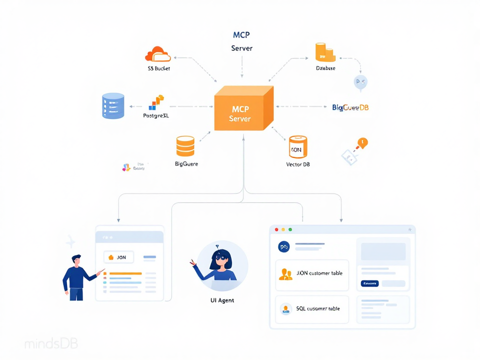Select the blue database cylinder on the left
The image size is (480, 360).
pyautogui.click(x=113, y=106)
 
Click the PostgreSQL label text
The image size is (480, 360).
pyautogui.click(x=155, y=115)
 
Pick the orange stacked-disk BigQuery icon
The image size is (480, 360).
pyautogui.click(x=185, y=146)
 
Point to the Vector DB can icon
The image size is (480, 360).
pyautogui.click(x=298, y=147)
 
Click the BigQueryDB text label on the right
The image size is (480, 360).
pyautogui.click(x=350, y=107)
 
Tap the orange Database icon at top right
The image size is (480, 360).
pyautogui.click(x=325, y=52)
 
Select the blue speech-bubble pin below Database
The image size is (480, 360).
pyautogui.click(x=360, y=82)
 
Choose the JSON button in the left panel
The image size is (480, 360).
pyautogui.click(x=118, y=257)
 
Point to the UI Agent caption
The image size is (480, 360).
pyautogui.click(x=222, y=300)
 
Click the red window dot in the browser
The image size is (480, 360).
pyautogui.click(x=276, y=229)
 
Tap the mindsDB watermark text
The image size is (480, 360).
pyautogui.click(x=51, y=344)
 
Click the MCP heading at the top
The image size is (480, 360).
pyautogui.click(x=241, y=35)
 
